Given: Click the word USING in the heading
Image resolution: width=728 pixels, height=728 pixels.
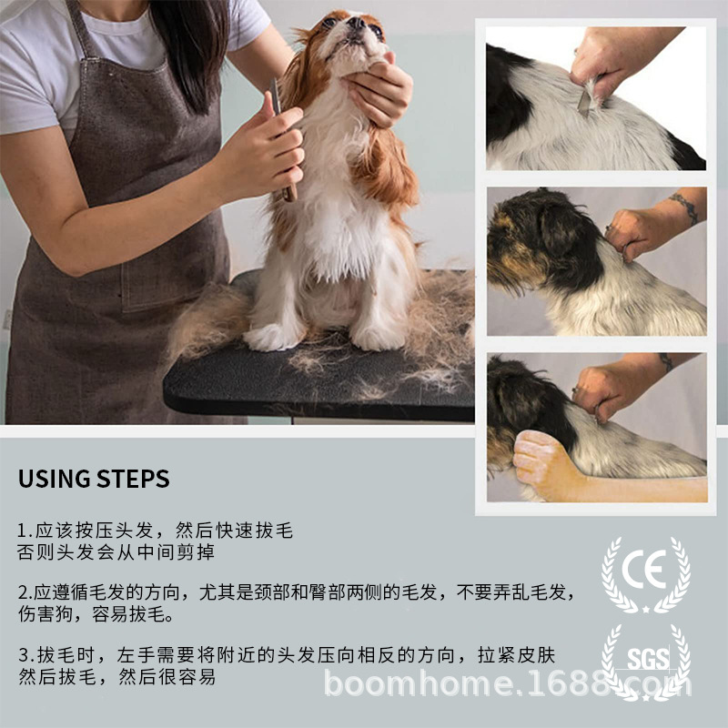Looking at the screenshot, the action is point(53,479).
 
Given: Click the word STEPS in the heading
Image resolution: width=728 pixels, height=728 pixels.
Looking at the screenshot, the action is point(133,479).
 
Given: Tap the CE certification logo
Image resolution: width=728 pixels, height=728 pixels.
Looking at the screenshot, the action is point(645,574).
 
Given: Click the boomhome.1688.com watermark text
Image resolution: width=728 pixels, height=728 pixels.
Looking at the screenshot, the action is point(508,684).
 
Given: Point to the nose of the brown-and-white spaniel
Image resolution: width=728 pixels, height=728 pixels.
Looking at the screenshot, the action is point(356,22).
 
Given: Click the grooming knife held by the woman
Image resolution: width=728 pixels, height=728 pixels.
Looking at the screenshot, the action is point(282,139).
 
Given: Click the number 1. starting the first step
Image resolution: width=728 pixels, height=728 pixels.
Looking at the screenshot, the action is point(25,531).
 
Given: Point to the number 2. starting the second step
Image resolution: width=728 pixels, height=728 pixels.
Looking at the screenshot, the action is point(25,593).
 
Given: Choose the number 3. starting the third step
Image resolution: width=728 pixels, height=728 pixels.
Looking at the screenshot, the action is point(26,655).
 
